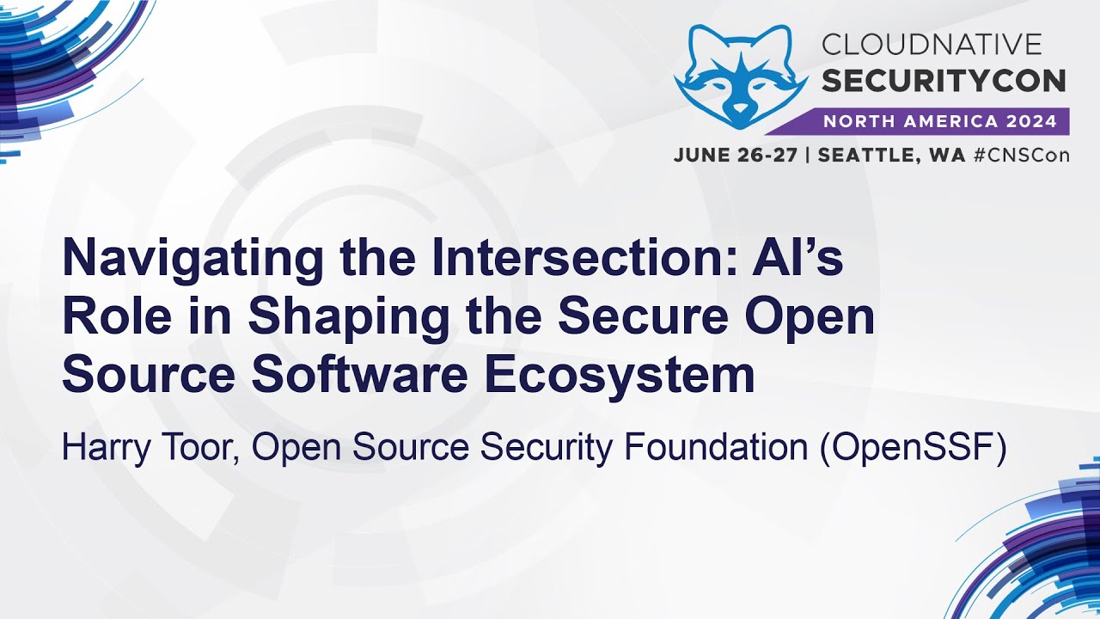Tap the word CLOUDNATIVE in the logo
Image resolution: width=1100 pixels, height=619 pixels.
(932, 44)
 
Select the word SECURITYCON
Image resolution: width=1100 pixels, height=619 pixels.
(944, 81)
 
